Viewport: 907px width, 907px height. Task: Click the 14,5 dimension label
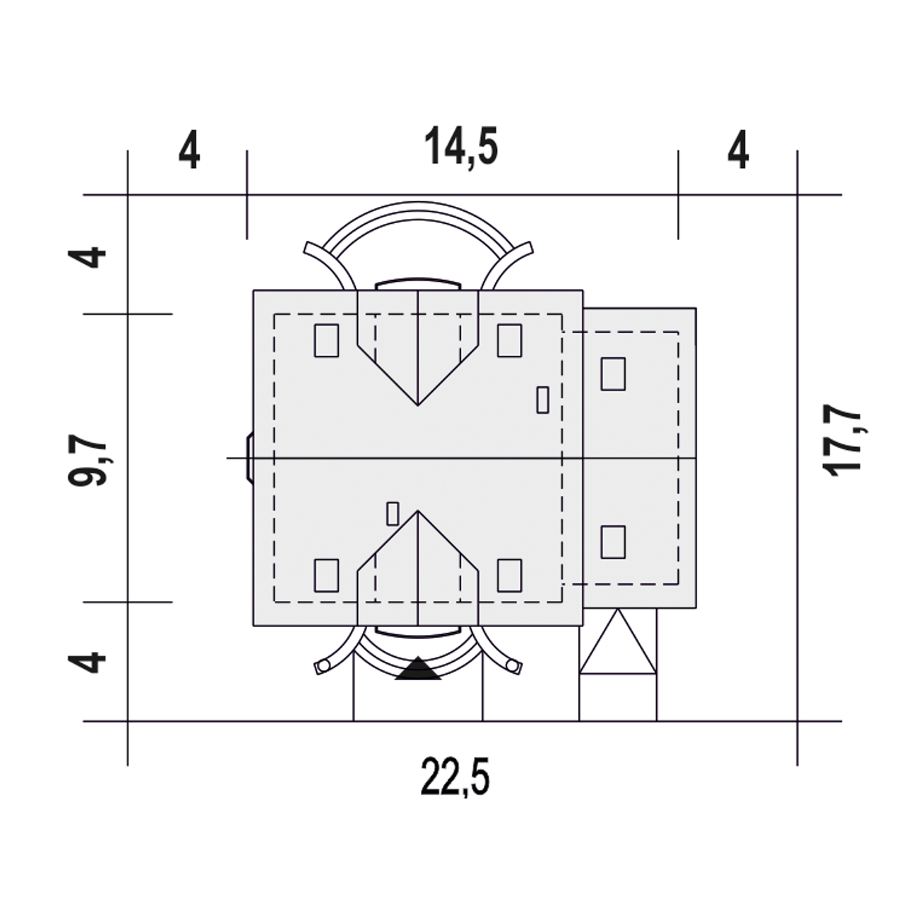pyautogui.click(x=461, y=147)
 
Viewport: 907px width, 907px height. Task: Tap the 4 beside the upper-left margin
pyautogui.click(x=87, y=257)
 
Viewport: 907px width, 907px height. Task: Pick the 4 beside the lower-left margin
pyautogui.click(x=87, y=662)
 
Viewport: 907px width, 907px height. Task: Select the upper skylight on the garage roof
pyautogui.click(x=613, y=373)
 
